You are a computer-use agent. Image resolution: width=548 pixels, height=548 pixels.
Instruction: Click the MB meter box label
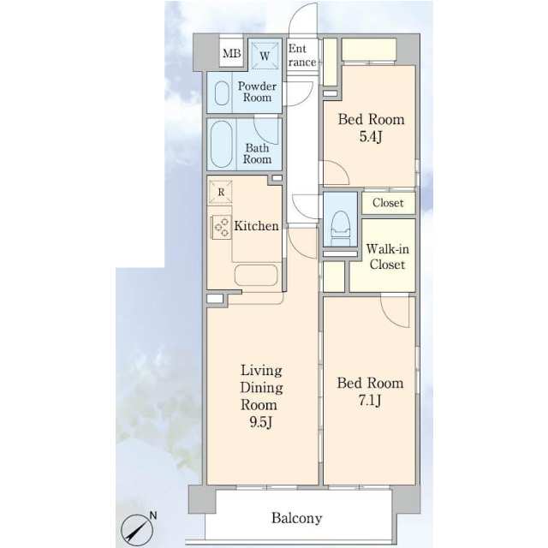tap(232, 53)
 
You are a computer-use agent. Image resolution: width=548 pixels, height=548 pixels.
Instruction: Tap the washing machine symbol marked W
tap(265, 56)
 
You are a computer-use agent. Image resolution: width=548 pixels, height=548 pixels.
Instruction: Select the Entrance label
tap(302, 55)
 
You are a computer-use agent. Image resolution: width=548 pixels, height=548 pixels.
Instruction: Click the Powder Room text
tap(257, 92)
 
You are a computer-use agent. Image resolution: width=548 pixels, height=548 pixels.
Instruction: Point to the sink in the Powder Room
tap(222, 93)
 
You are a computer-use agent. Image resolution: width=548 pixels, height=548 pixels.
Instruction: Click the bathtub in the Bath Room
tap(221, 145)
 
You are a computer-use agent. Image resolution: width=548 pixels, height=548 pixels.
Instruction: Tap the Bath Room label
tap(257, 153)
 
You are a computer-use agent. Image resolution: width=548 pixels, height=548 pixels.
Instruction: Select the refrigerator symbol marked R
tap(221, 192)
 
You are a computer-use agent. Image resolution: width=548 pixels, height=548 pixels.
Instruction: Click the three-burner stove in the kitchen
tap(221, 227)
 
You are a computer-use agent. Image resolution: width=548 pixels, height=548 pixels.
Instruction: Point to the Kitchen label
tap(256, 226)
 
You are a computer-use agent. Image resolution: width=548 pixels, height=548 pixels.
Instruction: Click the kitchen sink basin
tap(256, 275)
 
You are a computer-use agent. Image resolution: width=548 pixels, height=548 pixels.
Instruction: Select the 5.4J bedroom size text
tap(371, 137)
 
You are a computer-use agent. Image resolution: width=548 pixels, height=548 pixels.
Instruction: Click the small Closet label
tap(388, 203)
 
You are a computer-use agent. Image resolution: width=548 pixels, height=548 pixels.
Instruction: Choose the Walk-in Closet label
tap(388, 257)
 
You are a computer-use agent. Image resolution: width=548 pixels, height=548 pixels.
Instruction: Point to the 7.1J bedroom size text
tap(369, 400)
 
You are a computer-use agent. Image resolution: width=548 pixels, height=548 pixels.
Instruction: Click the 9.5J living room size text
tap(260, 422)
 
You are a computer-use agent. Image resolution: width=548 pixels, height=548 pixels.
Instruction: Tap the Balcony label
tap(297, 518)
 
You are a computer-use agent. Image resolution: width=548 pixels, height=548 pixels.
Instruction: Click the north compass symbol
tap(137, 530)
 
